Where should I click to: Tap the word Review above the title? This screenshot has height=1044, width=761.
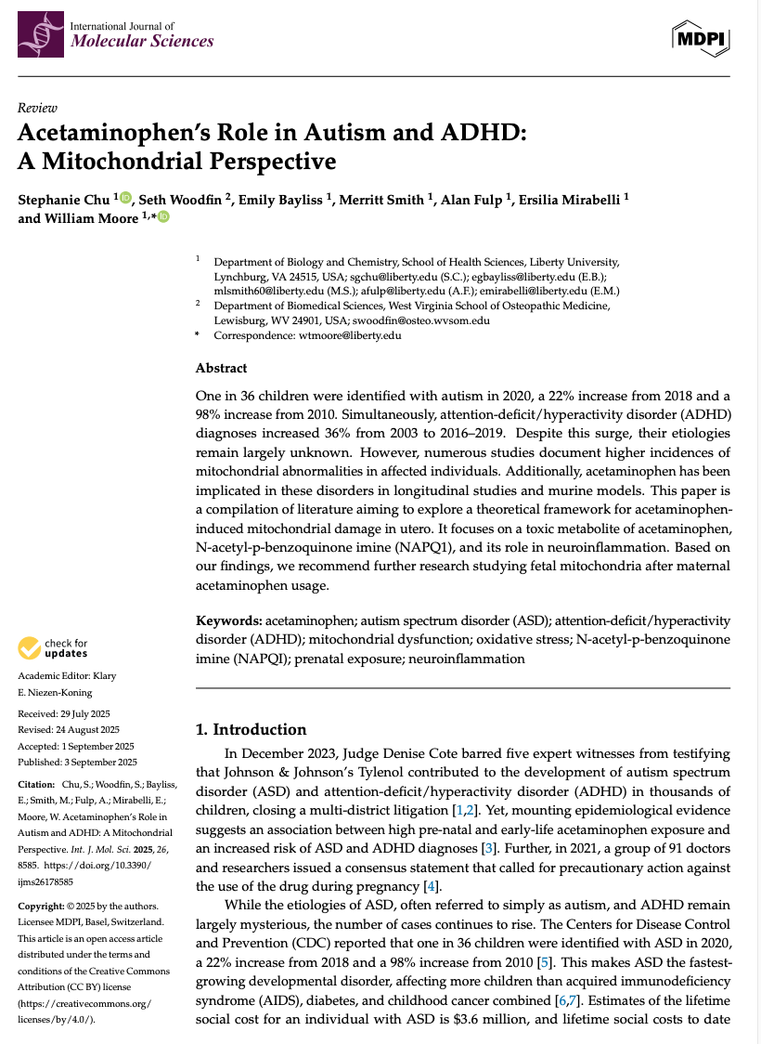37,108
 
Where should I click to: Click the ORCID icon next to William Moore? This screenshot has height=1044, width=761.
164,217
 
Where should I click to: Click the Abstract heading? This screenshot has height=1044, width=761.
221,368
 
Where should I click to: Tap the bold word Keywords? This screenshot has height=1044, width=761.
228,620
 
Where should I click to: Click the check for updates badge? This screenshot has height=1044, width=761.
53,647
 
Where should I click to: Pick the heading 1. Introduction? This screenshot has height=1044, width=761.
251,729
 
